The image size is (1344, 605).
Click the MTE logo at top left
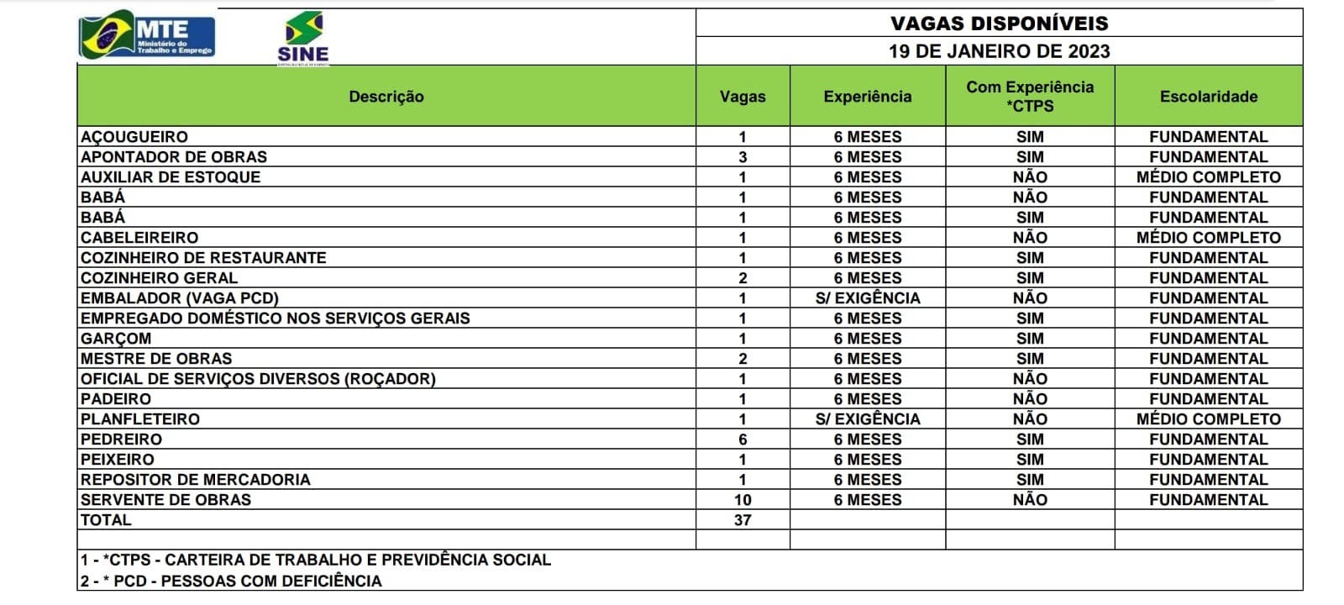point(147,36)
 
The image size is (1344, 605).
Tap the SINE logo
point(303,39)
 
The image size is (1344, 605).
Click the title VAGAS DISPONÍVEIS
point(999,24)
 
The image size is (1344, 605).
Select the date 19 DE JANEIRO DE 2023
point(999,51)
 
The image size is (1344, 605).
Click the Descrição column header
point(386,97)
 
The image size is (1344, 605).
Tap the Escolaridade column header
point(1208,97)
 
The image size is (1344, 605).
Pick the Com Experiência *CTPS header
point(1030,97)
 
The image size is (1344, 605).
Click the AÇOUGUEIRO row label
point(134,137)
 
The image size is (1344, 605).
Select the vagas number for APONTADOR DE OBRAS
point(743,157)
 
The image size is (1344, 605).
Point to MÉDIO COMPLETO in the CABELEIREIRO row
point(1208,238)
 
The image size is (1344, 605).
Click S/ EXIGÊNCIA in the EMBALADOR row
point(868,298)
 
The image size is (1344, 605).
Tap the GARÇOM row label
point(116,339)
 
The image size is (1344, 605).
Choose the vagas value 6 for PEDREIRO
point(743,439)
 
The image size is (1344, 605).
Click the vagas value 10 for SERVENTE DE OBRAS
point(743,500)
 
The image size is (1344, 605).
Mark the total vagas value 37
point(743,520)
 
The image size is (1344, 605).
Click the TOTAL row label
point(106,520)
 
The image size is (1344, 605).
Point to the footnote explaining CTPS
point(316,560)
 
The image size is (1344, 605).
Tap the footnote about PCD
point(231,581)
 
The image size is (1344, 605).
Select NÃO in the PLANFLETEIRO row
point(1030,419)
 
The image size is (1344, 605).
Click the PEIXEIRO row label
point(118,460)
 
